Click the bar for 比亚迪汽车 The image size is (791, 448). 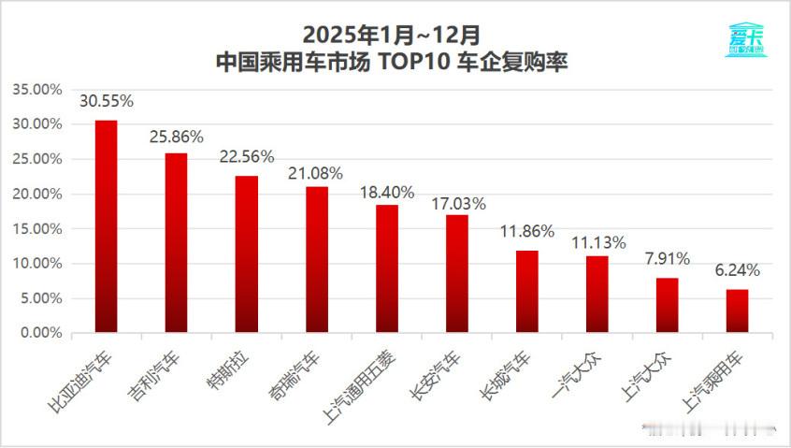coord(107,226)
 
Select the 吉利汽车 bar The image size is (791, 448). coord(177,243)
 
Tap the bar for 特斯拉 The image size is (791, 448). coord(247,254)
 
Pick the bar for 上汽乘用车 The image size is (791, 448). coord(738,311)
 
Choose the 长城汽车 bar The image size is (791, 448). coord(527,292)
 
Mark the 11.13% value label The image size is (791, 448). coord(597,241)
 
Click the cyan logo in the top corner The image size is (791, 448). coord(745,39)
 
